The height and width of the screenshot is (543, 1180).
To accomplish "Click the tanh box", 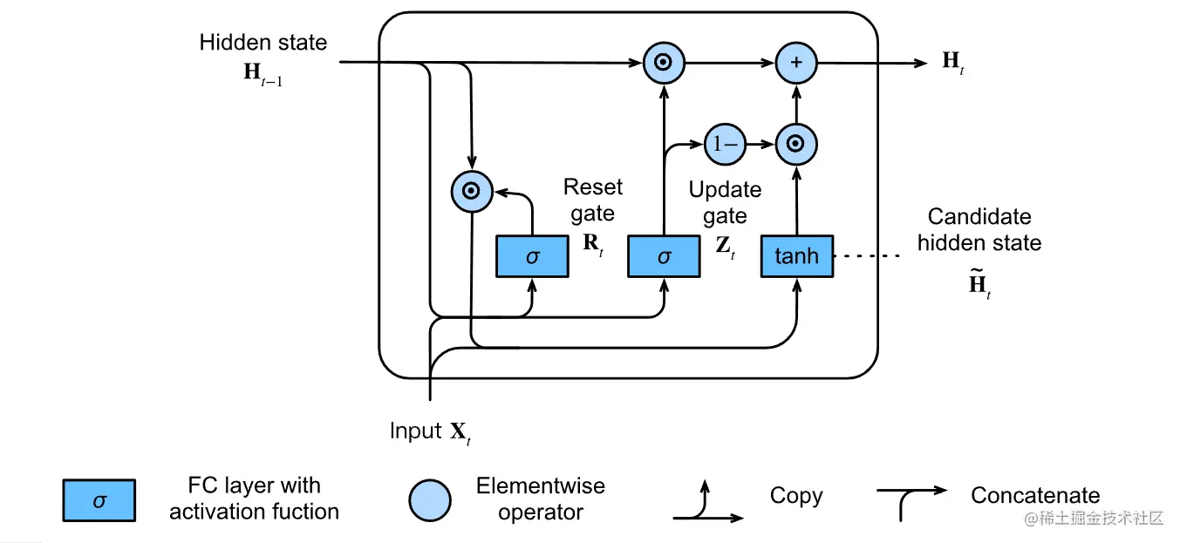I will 796,256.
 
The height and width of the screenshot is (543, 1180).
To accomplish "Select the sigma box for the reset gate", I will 532,256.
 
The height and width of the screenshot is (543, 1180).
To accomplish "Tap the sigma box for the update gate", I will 665,256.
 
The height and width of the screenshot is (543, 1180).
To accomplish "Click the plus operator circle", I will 796,63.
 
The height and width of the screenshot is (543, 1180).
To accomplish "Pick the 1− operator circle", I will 725,145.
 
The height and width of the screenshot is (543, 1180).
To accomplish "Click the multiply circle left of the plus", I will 664,63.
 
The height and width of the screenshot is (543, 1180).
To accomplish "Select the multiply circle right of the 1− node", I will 796,145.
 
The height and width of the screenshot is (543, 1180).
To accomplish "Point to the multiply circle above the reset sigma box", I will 472,191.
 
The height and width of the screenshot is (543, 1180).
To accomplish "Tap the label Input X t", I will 431,431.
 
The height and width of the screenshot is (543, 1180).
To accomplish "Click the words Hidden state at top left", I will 263,42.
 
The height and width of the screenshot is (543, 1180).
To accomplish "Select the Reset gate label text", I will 593,200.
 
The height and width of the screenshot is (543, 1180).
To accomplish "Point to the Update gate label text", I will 725,202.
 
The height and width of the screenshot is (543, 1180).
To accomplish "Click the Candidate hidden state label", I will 979,229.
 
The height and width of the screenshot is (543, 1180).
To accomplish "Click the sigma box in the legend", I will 99,500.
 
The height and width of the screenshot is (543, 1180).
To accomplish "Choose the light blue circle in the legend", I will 430,500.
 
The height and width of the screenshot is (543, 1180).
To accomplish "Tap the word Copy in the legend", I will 795,496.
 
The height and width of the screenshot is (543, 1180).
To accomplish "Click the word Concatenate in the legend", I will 1034,496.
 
